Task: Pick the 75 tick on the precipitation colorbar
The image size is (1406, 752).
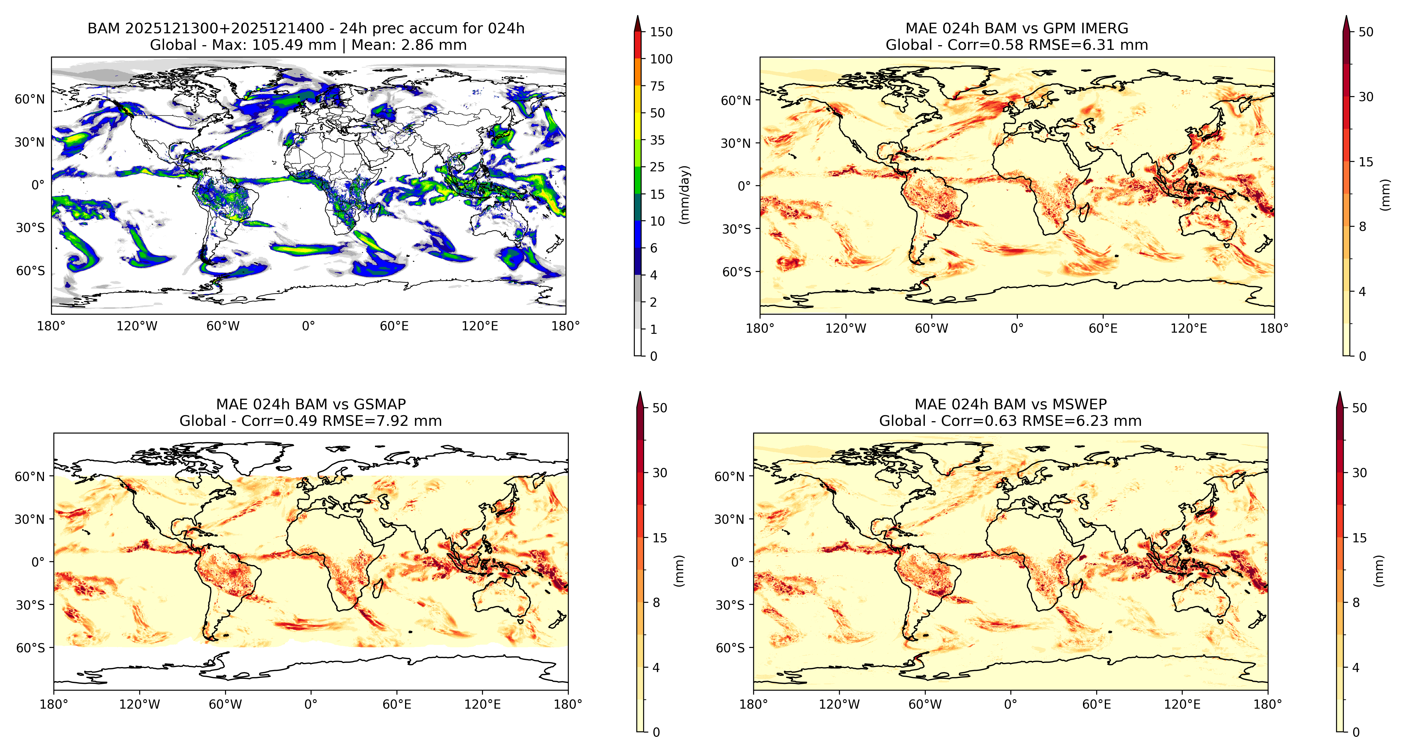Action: [x=657, y=86]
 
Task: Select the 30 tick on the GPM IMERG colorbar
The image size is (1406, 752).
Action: [x=1366, y=97]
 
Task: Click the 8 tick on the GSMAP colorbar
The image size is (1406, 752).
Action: [x=656, y=602]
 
